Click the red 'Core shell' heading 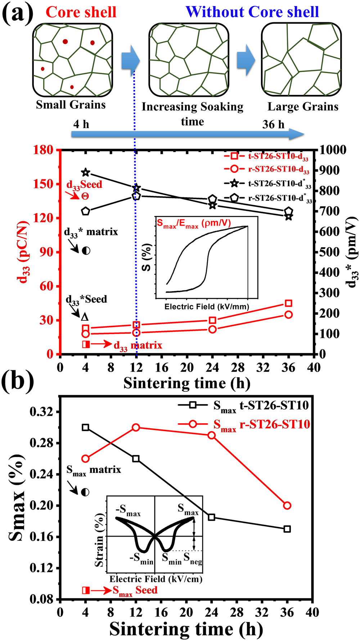[81, 12]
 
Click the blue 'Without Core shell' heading [252, 12]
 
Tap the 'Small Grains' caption [71, 105]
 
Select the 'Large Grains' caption [303, 107]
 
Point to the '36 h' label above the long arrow [273, 125]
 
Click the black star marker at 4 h [86, 173]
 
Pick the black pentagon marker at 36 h [288, 212]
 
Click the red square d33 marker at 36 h [288, 303]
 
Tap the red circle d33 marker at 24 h [212, 329]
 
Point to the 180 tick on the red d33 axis [43, 150]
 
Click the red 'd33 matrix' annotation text [138, 346]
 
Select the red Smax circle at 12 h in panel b [136, 428]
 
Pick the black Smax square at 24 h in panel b [212, 517]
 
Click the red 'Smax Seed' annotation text [135, 590]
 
